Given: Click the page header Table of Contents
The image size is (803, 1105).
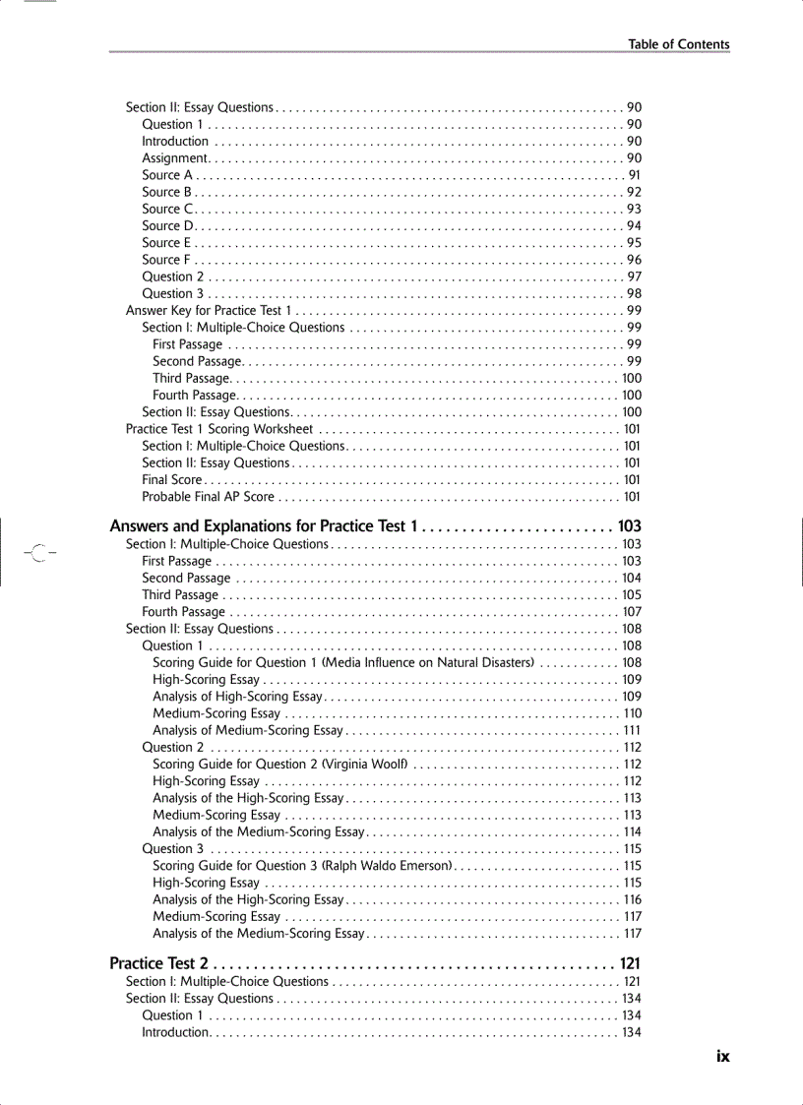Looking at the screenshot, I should tap(679, 44).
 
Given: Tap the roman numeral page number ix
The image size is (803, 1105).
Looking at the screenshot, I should tap(722, 1056).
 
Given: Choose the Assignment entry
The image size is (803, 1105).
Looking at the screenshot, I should tap(174, 158).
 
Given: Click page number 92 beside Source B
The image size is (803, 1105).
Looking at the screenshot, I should tap(634, 192).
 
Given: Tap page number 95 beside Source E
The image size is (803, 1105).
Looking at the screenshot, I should tap(634, 243).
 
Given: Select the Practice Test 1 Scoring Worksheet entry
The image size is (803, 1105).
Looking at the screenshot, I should tap(219, 429).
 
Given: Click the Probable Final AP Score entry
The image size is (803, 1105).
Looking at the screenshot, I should tap(209, 497).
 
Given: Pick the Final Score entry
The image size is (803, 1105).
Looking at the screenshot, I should tap(172, 480).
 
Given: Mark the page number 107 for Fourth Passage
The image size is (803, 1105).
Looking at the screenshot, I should tap(632, 612).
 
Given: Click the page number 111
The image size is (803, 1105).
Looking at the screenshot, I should tap(632, 730).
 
